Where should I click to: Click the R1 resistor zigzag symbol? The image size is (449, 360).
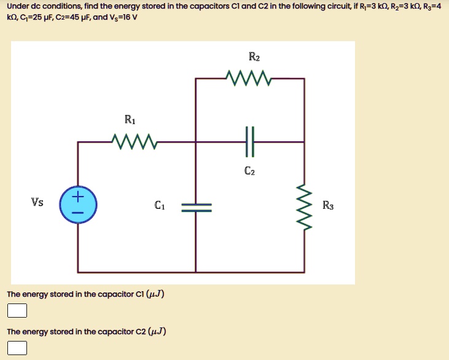click(x=135, y=143)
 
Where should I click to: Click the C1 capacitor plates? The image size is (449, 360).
click(x=196, y=206)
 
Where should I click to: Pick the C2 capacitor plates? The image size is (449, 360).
click(x=249, y=142)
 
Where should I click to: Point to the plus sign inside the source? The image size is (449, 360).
click(x=77, y=197)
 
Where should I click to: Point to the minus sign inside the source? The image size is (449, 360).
click(x=77, y=213)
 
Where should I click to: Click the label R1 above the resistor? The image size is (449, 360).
click(x=130, y=119)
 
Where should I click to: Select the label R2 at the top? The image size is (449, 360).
click(x=254, y=58)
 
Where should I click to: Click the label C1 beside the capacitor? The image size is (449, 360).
click(x=160, y=205)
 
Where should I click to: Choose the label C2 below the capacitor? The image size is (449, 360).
click(x=249, y=172)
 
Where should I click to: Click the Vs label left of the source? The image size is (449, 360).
click(x=37, y=202)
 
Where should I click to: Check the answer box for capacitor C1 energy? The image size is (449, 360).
click(x=17, y=310)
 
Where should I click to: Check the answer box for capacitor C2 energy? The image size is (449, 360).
click(x=17, y=348)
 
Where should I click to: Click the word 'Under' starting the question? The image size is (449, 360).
click(x=18, y=6)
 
